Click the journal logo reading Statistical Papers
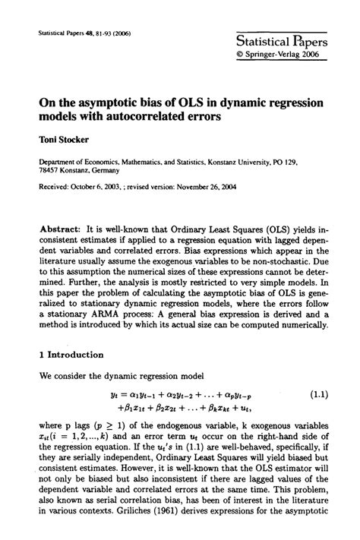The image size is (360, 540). point(281,42)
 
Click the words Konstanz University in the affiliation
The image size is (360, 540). point(248,163)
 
